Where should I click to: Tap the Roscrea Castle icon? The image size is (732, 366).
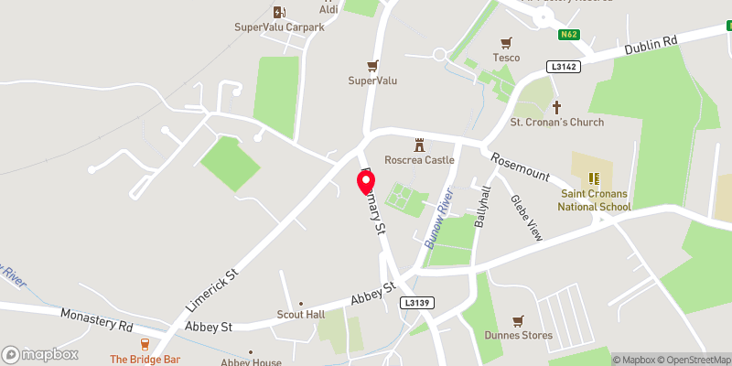(420, 145)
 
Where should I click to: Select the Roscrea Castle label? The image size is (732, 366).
(420, 160)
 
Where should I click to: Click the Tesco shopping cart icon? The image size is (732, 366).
(506, 42)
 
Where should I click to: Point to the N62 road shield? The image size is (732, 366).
(568, 35)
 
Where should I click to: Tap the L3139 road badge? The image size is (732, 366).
(416, 303)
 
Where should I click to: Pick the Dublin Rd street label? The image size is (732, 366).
(651, 45)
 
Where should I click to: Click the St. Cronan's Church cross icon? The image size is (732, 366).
(556, 106)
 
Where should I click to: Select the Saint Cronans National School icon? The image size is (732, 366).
(592, 178)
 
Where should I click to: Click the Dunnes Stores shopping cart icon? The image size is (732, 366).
(519, 320)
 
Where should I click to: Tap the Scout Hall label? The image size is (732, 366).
(301, 315)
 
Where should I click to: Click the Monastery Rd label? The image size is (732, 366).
(96, 319)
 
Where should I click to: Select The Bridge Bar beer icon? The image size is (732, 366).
(145, 343)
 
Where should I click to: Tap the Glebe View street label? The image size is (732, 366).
(526, 218)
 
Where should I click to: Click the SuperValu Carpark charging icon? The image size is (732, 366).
(279, 12)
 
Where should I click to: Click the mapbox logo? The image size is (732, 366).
(40, 354)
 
